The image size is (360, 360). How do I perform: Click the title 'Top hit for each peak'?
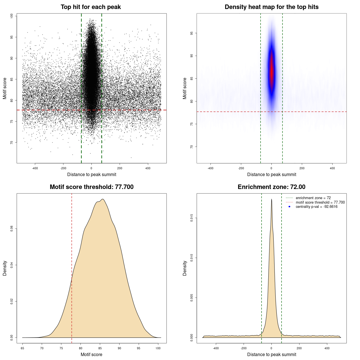(91, 7)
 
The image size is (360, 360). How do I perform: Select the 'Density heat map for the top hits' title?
(271, 7)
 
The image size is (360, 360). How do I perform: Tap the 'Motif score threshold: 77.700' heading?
(91, 187)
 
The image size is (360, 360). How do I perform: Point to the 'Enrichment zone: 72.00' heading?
(271, 187)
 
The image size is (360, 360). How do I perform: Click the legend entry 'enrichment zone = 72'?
(313, 198)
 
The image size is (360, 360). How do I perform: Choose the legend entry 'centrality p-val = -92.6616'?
(316, 207)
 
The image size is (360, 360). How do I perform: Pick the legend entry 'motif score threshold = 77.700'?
(320, 202)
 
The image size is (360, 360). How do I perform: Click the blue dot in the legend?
(289, 207)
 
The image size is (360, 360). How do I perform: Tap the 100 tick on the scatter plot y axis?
(12, 16)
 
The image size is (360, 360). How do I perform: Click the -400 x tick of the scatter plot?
(35, 168)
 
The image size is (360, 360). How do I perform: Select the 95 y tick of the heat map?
(192, 33)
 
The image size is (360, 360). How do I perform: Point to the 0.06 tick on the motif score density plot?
(12, 229)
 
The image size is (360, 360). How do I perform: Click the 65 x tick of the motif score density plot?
(22, 348)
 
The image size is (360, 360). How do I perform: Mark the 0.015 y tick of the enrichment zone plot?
(192, 218)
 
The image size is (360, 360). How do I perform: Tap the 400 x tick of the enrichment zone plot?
(327, 348)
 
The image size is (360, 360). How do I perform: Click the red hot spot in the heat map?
(272, 73)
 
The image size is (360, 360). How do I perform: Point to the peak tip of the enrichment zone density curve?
(271, 199)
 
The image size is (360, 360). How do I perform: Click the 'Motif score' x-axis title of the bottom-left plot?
(91, 354)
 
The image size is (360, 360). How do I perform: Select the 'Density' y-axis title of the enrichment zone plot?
(185, 268)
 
